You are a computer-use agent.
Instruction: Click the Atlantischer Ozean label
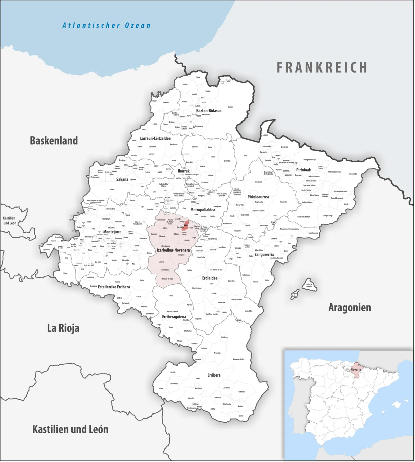coord(106,25)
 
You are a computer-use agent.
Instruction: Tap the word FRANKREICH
coord(322,68)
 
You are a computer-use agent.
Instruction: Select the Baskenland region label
coord(54,141)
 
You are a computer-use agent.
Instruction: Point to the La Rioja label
coord(63,328)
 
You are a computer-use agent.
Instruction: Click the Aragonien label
coord(350,307)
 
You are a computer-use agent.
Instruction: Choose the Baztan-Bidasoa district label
coord(209,111)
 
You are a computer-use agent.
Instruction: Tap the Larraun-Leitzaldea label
coord(155,138)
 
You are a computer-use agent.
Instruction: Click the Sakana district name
coord(122,179)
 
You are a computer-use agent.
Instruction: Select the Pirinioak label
coord(303,170)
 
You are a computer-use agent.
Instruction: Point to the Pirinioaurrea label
coord(258,197)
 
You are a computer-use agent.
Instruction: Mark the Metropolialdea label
coord(203,210)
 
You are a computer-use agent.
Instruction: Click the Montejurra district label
coord(112,232)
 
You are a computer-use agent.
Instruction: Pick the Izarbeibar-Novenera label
coord(173,250)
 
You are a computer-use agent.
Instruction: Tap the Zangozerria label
coord(264,255)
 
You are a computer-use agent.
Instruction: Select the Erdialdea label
coord(210,278)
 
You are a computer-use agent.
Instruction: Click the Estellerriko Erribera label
coord(114,287)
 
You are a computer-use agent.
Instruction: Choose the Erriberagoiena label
coord(174,317)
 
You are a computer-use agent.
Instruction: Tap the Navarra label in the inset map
coord(356,369)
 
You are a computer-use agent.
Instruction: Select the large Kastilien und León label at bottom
coord(70,429)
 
